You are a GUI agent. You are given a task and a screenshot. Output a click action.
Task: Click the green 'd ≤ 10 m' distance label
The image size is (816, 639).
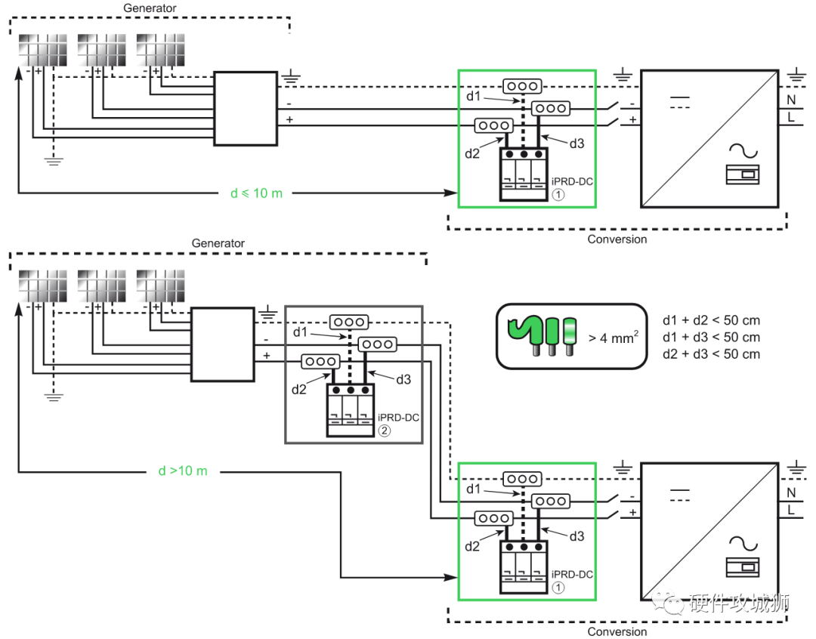coord(256,193)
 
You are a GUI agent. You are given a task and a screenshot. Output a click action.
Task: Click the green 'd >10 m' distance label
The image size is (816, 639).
coord(182,471)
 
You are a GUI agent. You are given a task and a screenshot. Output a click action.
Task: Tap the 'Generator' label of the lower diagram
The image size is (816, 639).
coord(218,243)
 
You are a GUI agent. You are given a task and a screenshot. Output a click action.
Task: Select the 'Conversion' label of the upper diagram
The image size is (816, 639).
coord(617,239)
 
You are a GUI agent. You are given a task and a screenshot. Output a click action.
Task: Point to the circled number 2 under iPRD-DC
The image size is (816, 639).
coord(384,431)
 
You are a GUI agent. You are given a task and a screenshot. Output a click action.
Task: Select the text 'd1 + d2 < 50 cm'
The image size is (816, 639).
coord(711,321)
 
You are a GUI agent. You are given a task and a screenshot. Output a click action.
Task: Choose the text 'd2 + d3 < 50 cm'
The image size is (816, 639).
coord(711,353)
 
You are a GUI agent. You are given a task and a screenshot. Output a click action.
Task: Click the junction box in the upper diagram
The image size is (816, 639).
coord(246,108)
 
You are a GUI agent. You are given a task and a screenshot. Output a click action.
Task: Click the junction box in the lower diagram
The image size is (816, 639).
coord(222,344)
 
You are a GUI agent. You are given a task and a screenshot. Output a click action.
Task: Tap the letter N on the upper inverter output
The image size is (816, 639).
coord(791,99)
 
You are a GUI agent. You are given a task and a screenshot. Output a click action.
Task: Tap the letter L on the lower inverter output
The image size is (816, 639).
coord(791,511)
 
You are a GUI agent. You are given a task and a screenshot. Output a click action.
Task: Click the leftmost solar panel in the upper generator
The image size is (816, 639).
coord(42,50)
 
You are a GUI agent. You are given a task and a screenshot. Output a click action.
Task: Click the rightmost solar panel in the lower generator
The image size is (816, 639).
coord(160,286)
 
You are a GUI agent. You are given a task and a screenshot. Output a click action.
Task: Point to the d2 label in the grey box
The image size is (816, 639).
coord(299,390)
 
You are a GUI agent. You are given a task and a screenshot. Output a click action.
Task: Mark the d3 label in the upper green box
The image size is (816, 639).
coord(576,143)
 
